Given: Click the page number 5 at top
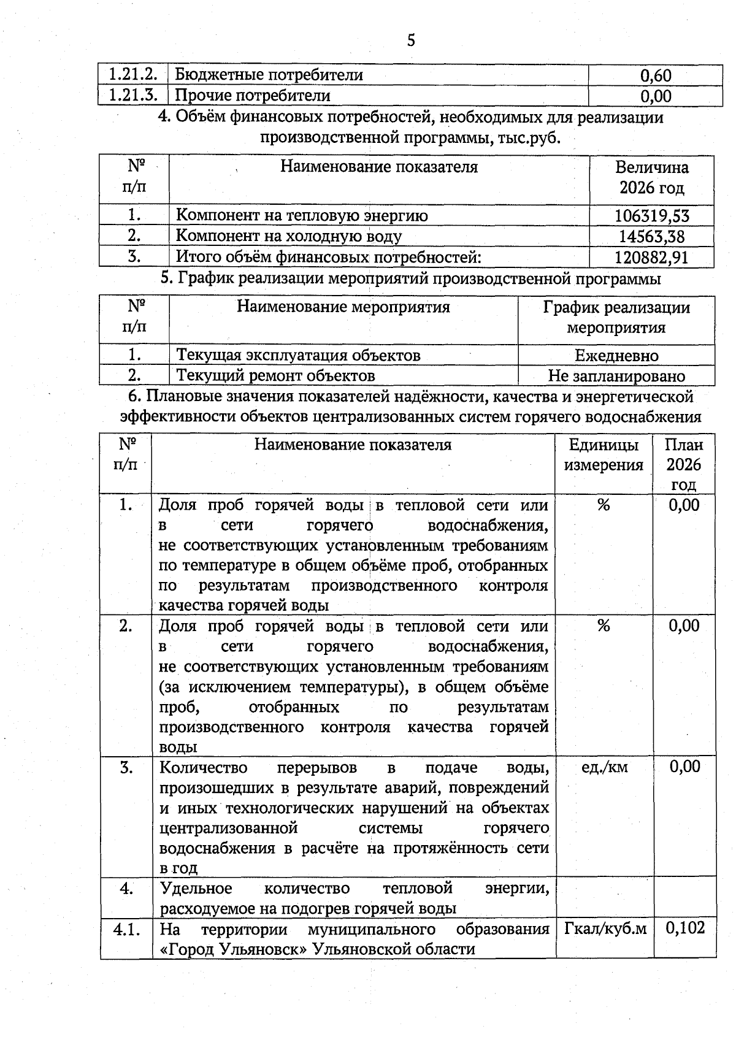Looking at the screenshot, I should tap(410, 40).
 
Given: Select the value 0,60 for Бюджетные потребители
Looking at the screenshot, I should tap(655, 75).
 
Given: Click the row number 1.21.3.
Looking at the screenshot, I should tap(133, 96).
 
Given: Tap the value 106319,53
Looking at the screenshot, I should tap(651, 215).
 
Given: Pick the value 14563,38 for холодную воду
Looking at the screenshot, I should tap(651, 236).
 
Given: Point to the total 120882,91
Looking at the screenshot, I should tap(651, 257).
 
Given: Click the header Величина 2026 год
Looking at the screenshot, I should tap(651, 177).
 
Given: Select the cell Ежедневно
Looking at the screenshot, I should tap(616, 356).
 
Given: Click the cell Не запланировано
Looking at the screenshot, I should tap(616, 376).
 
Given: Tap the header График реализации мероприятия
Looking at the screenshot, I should tap(616, 317).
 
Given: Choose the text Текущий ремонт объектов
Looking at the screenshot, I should tap(275, 375).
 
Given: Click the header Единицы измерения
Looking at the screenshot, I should tap(604, 454).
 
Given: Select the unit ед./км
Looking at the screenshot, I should tap(604, 767).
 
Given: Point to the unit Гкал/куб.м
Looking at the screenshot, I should tap(605, 928).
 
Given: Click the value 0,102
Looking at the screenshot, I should tap(684, 927).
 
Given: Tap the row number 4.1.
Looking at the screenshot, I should tap(127, 929).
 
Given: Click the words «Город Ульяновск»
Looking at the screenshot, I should tap(233, 949).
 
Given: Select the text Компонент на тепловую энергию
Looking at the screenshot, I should tap(302, 215).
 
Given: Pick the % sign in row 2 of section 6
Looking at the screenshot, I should tap(604, 626).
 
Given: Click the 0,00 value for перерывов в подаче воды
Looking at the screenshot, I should tap(684, 767).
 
